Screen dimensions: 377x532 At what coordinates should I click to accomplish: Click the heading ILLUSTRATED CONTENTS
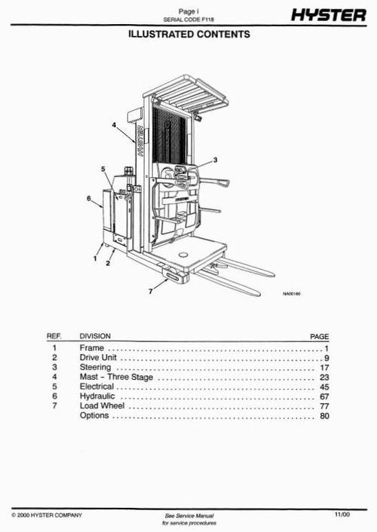click(x=188, y=35)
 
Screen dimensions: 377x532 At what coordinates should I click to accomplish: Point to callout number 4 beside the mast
click(x=115, y=126)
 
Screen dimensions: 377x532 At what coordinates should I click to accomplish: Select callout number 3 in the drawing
click(x=215, y=160)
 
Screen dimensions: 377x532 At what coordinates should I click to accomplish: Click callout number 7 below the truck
click(x=151, y=289)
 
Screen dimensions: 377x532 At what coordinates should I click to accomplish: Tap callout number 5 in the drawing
click(x=103, y=170)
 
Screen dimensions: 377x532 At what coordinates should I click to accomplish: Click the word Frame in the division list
click(x=91, y=349)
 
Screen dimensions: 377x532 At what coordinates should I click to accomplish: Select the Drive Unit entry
click(x=98, y=358)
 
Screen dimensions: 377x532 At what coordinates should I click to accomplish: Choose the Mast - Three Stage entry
click(x=116, y=377)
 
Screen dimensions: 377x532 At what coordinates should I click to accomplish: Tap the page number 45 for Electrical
click(x=324, y=387)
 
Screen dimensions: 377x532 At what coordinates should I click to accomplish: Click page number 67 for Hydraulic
click(x=324, y=396)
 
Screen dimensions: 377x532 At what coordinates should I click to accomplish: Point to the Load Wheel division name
click(x=102, y=405)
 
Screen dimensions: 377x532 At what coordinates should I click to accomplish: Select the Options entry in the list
click(x=94, y=415)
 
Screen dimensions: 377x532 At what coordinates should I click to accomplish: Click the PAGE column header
click(x=320, y=336)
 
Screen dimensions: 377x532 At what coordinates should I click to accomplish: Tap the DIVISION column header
click(x=95, y=336)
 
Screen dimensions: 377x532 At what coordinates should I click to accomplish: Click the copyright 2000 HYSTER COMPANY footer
click(x=48, y=515)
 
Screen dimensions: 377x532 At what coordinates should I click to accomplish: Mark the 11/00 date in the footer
click(x=342, y=514)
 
